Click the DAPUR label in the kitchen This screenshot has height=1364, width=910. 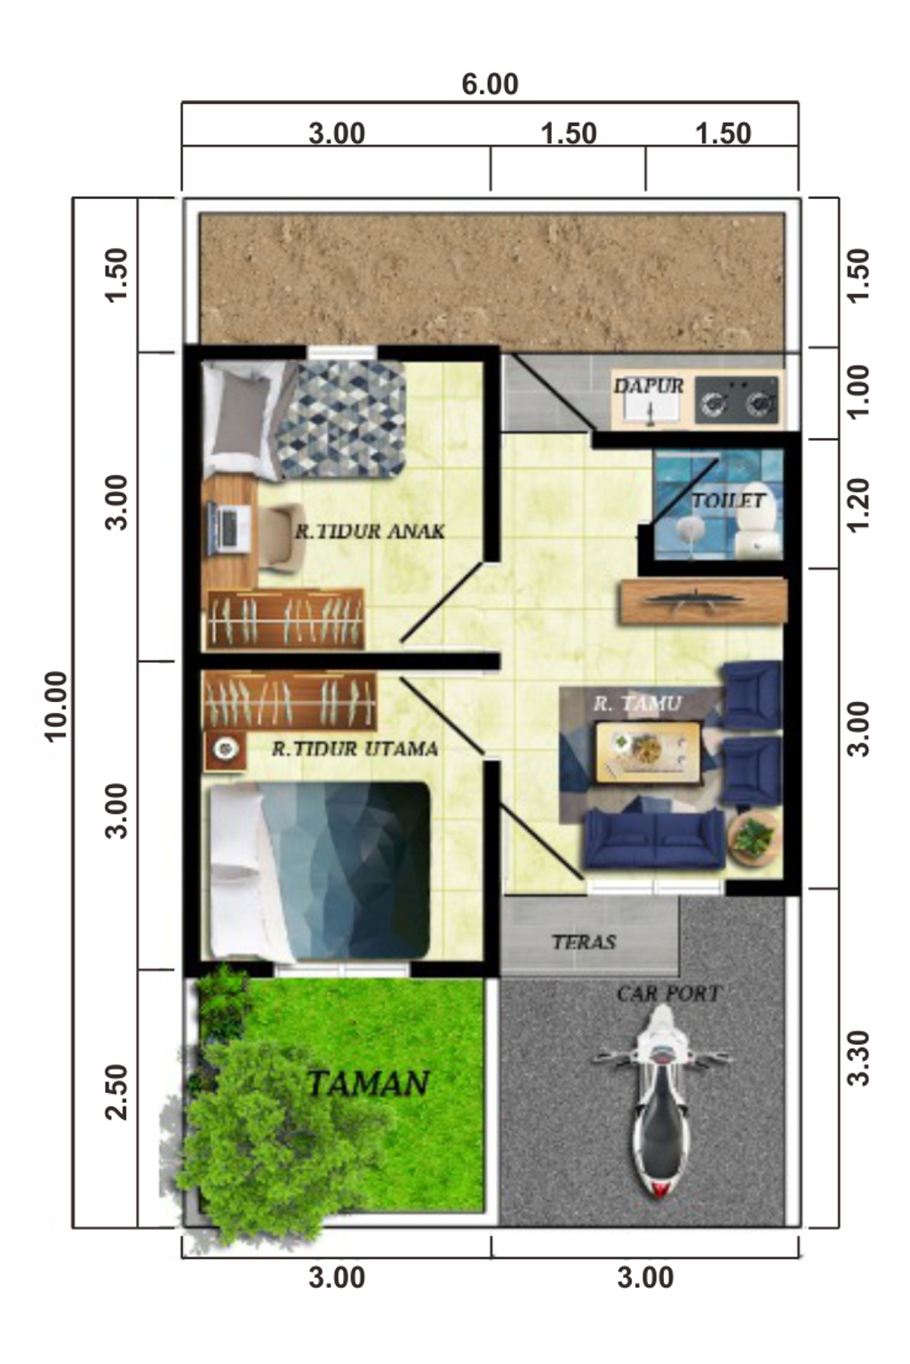[x=649, y=386]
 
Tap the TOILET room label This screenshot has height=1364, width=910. [x=728, y=501]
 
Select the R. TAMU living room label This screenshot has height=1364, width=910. [x=637, y=704]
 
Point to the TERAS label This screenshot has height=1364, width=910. [x=583, y=942]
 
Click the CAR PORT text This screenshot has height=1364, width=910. [x=668, y=993]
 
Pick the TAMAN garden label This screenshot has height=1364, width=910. [x=368, y=1083]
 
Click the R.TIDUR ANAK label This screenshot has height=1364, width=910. [x=370, y=531]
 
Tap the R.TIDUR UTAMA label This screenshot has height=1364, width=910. [x=355, y=749]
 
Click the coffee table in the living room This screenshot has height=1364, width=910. [x=647, y=752]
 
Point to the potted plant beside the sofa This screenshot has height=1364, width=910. [x=754, y=836]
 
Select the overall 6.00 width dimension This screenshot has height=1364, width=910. [x=490, y=84]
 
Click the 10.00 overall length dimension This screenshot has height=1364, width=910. [x=55, y=706]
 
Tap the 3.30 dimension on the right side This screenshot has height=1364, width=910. [x=858, y=1057]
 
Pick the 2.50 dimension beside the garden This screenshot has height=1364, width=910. [x=116, y=1092]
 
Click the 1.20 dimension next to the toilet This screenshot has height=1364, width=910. [x=858, y=505]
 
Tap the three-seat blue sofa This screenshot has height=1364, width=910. [x=654, y=840]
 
